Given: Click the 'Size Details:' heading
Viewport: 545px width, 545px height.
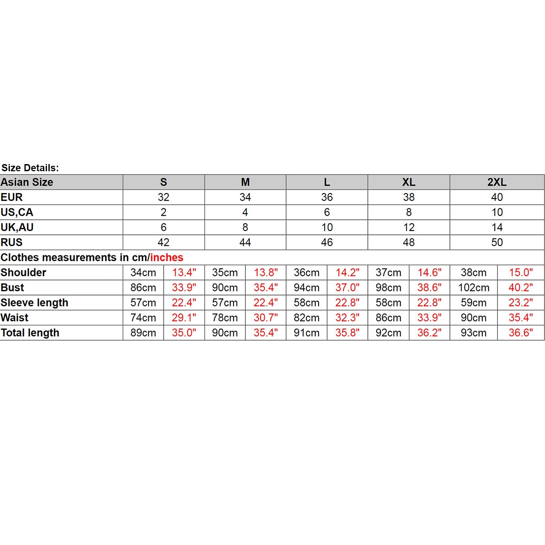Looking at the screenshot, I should tap(30, 168).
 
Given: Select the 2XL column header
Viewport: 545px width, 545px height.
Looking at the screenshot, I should tap(497, 182).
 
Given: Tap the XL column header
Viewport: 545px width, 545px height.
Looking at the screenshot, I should tap(408, 182).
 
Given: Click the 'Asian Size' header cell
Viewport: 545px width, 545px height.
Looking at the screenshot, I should tap(27, 182).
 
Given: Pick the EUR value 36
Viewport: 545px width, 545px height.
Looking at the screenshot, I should tap(327, 197).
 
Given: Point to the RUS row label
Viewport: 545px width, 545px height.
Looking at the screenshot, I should tap(12, 242).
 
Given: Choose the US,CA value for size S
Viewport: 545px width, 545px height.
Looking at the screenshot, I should tap(163, 212).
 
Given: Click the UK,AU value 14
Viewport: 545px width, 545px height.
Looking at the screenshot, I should tap(497, 227).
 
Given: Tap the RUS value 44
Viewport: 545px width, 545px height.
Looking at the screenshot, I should tap(245, 242).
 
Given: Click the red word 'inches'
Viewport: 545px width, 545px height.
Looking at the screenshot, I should tap(166, 257).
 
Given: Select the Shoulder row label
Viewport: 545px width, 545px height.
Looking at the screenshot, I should tap(23, 272).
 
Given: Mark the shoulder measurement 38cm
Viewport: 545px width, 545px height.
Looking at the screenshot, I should tap(474, 272).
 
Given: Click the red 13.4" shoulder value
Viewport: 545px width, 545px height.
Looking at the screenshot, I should tap(184, 272).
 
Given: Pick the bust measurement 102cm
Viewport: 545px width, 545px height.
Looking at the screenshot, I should tap(474, 288).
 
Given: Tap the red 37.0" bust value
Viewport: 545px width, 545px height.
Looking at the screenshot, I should tap(347, 288).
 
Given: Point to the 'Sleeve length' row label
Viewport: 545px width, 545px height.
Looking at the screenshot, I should tap(34, 303).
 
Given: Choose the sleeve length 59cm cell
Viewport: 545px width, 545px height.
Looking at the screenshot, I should tap(474, 303).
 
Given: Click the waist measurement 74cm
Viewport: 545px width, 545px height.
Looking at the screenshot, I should tap(143, 318).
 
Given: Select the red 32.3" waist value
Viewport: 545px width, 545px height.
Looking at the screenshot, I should tap(347, 318).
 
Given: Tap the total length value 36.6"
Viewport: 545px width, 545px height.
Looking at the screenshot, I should tap(521, 333).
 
